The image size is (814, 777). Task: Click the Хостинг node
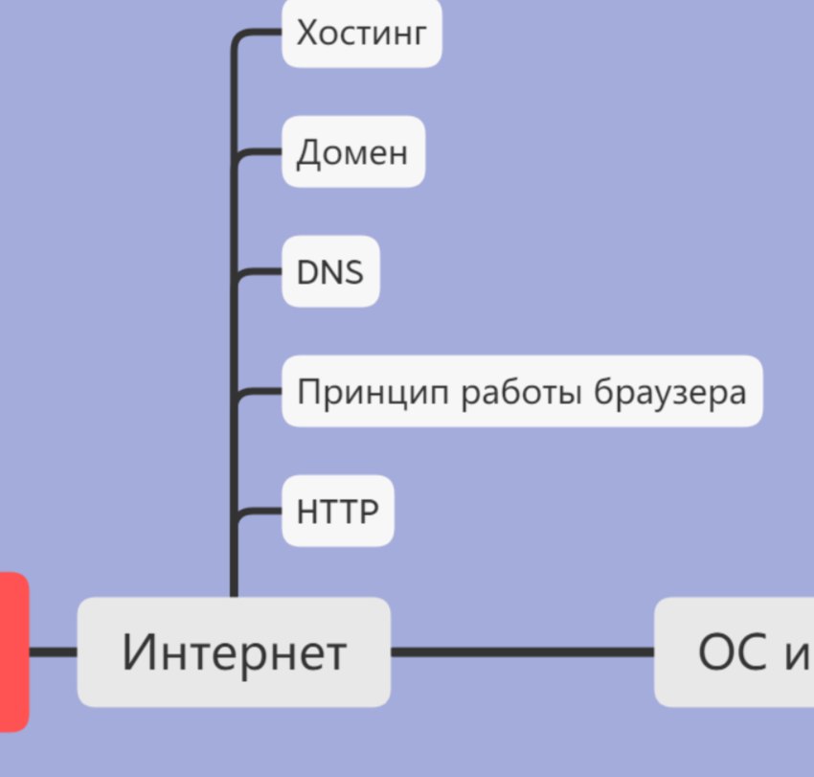click(362, 33)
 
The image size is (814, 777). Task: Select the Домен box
click(353, 151)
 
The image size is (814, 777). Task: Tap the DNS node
click(330, 271)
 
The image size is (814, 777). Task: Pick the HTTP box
click(338, 511)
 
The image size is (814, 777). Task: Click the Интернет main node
click(234, 651)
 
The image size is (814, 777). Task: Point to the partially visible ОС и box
click(735, 651)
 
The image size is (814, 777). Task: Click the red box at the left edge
click(14, 651)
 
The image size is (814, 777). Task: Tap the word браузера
click(670, 393)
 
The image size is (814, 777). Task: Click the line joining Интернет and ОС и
click(522, 651)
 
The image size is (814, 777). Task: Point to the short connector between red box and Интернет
click(53, 651)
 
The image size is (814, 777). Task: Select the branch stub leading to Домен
click(258, 152)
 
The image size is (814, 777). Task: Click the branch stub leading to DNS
click(258, 272)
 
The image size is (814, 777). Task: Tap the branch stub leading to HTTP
click(258, 511)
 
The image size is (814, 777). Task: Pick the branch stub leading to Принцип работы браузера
click(258, 392)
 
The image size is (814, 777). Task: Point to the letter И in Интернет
click(136, 651)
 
